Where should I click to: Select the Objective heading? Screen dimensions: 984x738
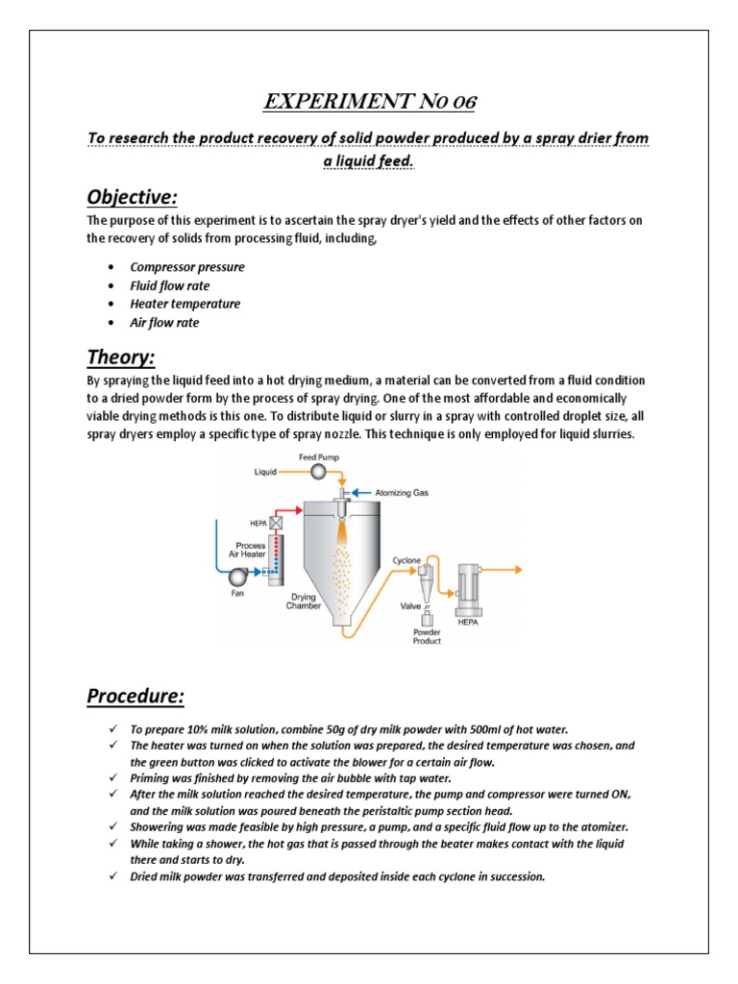pos(133,197)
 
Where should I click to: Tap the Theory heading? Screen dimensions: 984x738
pos(121,357)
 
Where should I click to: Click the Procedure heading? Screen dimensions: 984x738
pos(135,694)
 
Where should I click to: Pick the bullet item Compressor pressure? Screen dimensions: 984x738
pos(187,267)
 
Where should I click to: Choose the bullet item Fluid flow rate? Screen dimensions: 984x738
pos(170,285)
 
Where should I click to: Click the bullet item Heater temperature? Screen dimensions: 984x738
pos(185,304)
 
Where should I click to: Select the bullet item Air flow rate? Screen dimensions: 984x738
pos(164,323)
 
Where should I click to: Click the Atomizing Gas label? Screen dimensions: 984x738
pos(395,493)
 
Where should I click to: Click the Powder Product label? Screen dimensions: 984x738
pos(427,636)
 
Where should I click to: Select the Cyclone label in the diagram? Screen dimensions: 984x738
pos(407,559)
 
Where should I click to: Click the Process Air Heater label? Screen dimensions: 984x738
pos(248,550)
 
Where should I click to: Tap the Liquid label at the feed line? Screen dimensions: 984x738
pos(265,473)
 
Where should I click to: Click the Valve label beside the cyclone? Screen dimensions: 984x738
pos(410,605)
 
